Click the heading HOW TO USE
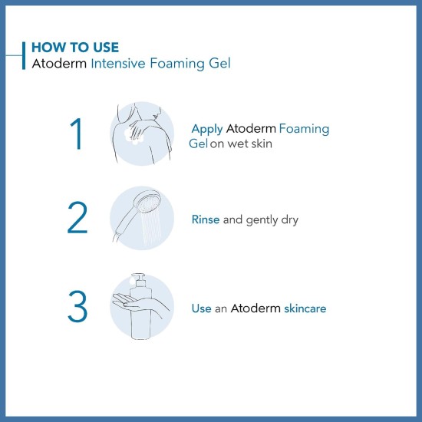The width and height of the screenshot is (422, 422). pyautogui.click(x=74, y=48)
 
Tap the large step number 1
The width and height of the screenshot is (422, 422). pyautogui.click(x=75, y=135)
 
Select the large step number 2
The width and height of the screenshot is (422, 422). pyautogui.click(x=77, y=219)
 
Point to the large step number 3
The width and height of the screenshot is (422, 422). pyautogui.click(x=77, y=306)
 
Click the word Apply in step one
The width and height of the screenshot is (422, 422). pyautogui.click(x=206, y=129)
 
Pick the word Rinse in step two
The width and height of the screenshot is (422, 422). pyautogui.click(x=206, y=219)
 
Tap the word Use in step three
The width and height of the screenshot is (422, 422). pyautogui.click(x=201, y=308)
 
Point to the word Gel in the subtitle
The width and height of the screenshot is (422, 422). pyautogui.click(x=219, y=64)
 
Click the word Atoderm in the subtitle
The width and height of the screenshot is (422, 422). pyautogui.click(x=58, y=64)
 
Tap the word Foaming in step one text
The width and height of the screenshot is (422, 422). pyautogui.click(x=304, y=129)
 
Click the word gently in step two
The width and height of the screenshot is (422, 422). pyautogui.click(x=261, y=219)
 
